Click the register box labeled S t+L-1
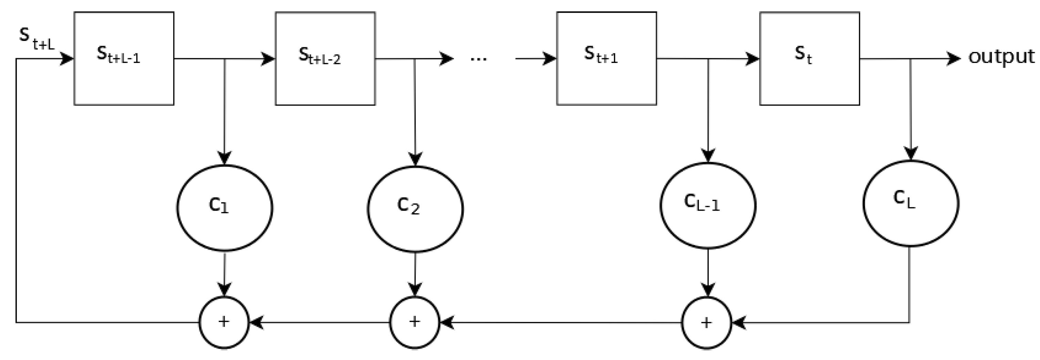(x=124, y=59)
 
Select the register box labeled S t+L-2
(x=325, y=59)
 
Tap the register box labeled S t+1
(x=606, y=59)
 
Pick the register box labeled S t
(x=810, y=59)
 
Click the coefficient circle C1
(x=225, y=208)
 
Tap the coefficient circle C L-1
(x=708, y=205)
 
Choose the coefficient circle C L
(x=911, y=203)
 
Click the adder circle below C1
(x=224, y=322)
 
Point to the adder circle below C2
(x=415, y=322)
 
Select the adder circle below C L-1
(x=707, y=322)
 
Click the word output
(x=1001, y=57)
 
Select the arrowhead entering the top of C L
(x=911, y=153)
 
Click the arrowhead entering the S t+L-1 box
(x=66, y=59)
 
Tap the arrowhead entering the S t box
(x=752, y=59)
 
